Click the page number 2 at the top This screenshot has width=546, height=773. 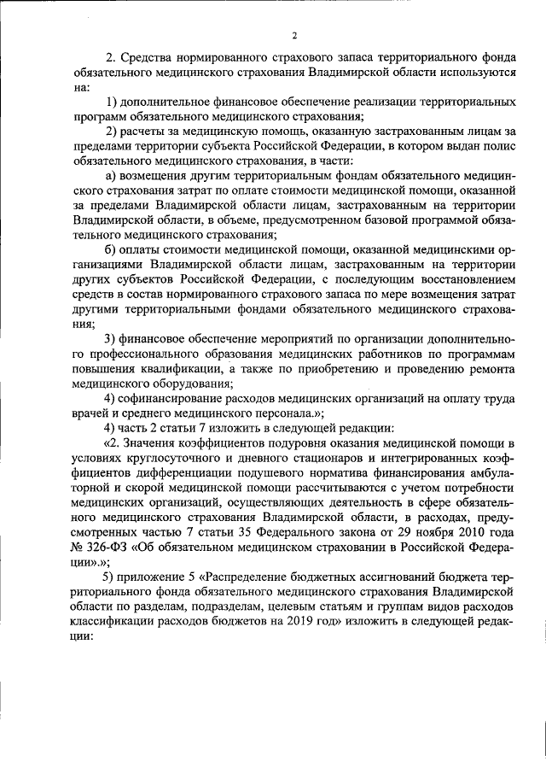(x=293, y=35)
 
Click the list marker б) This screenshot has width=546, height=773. (x=111, y=249)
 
